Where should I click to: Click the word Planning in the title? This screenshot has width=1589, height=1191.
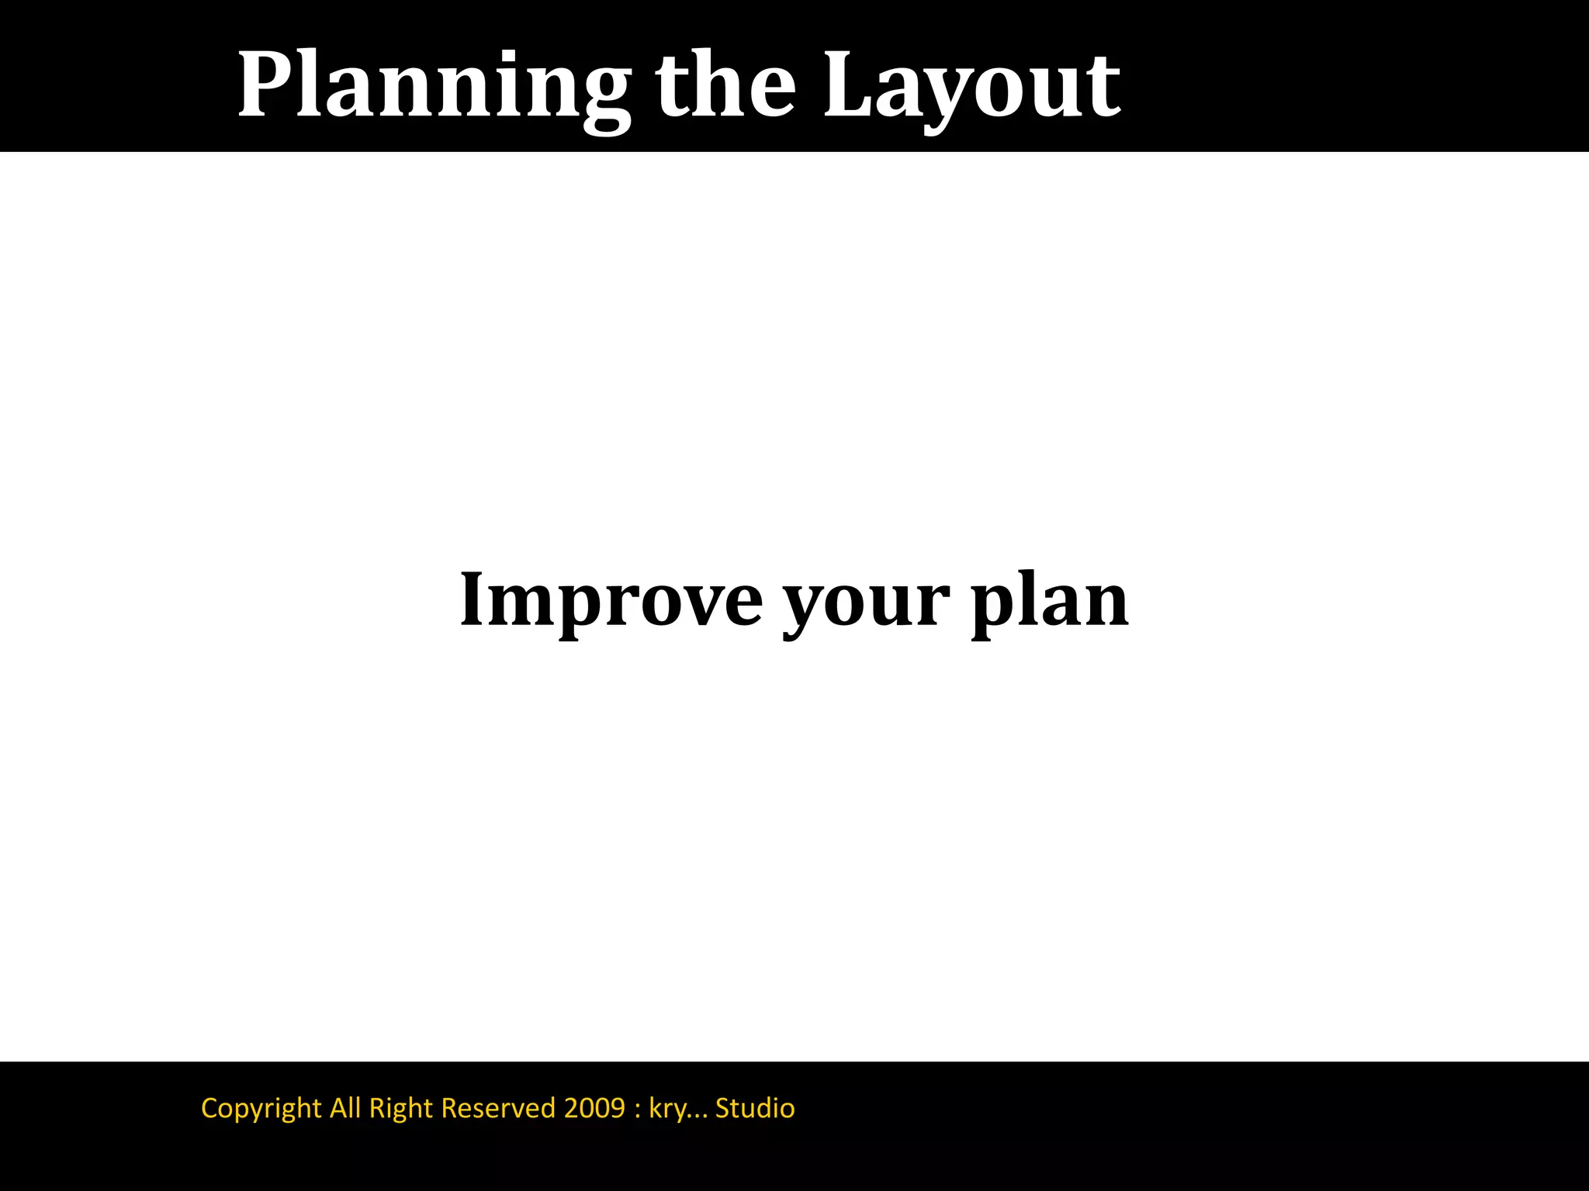click(433, 85)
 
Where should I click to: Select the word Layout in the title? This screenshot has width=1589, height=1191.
click(971, 85)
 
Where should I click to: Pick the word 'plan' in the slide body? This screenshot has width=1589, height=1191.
click(1049, 602)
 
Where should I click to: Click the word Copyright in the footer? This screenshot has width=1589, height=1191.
click(261, 1108)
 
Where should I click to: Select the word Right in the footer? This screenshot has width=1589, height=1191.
click(400, 1108)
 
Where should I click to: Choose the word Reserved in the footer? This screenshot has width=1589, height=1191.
click(498, 1107)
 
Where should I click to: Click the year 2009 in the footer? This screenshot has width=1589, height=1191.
click(594, 1107)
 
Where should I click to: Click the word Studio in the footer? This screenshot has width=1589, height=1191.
click(755, 1107)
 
